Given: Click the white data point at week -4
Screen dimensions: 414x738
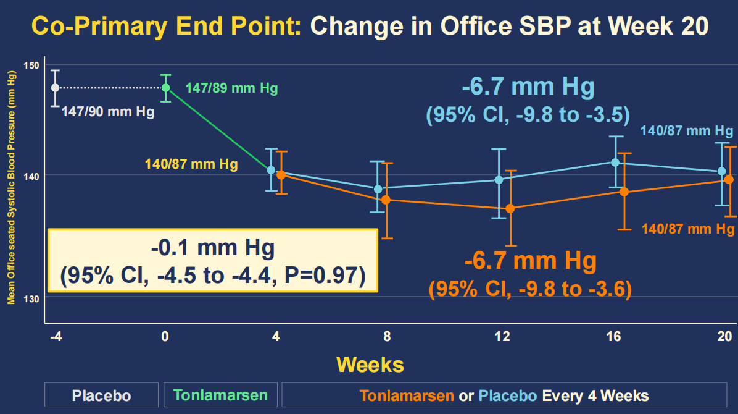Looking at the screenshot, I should [56, 87].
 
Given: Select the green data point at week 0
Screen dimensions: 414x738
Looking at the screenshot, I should [165, 87].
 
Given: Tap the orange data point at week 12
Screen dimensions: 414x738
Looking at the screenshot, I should [510, 208].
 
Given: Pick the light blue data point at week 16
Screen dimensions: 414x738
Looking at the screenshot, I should [615, 163].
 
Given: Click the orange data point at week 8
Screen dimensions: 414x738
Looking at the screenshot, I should [386, 200].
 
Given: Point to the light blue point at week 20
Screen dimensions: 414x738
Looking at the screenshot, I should [722, 171].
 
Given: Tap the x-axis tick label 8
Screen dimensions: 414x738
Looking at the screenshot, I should [387, 337].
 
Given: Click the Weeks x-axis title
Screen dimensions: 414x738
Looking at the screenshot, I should [370, 364].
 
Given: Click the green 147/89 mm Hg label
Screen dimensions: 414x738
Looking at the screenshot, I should [231, 88].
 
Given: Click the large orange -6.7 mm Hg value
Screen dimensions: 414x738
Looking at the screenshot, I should [530, 261].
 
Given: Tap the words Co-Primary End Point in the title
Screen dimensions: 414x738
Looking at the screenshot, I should [167, 27].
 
